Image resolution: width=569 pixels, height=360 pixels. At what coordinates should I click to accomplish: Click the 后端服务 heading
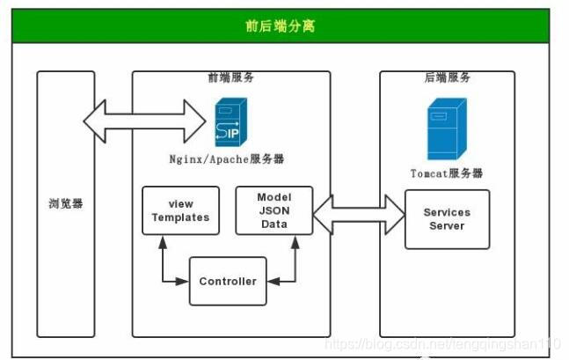(447, 77)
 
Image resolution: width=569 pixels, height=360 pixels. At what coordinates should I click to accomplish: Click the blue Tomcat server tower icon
(446, 129)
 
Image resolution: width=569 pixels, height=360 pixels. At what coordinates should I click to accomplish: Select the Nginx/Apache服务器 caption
(227, 159)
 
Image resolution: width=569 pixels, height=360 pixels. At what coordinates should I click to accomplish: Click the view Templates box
(180, 210)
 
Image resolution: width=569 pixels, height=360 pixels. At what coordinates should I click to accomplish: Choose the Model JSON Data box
(274, 210)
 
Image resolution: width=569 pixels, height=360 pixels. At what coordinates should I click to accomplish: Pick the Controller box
(228, 281)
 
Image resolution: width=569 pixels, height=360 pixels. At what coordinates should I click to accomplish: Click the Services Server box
(447, 219)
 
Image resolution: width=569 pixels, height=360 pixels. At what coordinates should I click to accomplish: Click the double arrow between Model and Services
(358, 214)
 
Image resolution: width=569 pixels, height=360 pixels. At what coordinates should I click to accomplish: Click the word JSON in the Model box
(274, 210)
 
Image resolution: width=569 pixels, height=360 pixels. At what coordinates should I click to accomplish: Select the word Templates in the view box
(180, 217)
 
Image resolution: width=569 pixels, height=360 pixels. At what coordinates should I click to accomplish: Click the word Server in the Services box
(447, 226)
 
